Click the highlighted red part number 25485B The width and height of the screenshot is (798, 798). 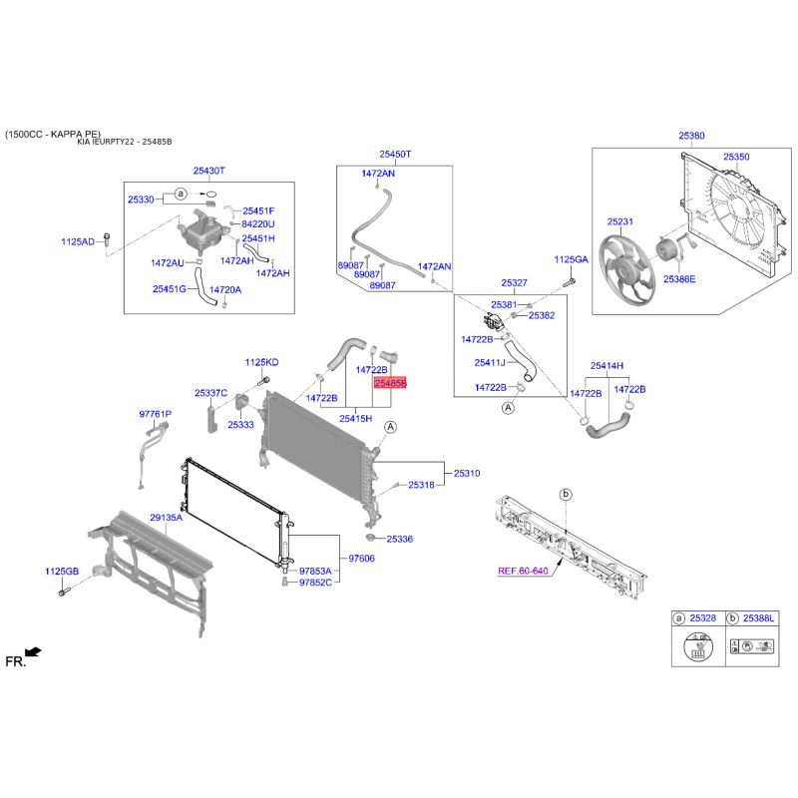pos(390,383)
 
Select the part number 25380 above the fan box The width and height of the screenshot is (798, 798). pos(691,136)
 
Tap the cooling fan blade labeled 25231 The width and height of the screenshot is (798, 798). pos(626,269)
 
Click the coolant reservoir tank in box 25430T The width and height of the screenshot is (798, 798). pos(201,232)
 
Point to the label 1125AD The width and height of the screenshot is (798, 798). pos(78,241)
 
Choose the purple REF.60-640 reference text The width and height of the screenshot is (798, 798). pos(523,571)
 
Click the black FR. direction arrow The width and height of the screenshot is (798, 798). pos(34,652)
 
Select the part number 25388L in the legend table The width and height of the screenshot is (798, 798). pos(758,617)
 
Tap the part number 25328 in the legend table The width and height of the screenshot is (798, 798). pos(703,617)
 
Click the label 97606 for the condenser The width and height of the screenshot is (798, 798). pos(361,559)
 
